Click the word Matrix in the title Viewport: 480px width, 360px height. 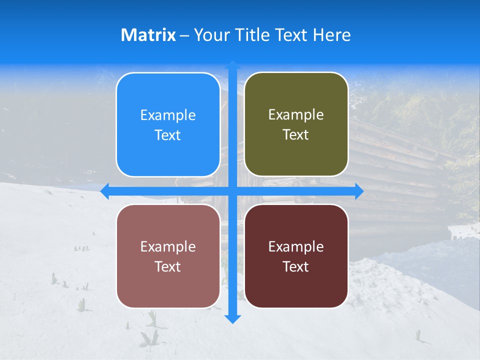[x=148, y=35]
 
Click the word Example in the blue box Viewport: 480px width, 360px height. [x=168, y=115]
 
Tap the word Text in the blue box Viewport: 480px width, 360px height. [x=168, y=135]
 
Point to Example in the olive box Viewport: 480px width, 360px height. [x=296, y=115]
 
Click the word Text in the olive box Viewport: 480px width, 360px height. [x=296, y=135]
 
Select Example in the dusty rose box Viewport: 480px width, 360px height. [x=168, y=247]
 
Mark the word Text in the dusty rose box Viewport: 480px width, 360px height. [x=168, y=267]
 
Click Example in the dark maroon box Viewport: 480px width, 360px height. [x=296, y=247]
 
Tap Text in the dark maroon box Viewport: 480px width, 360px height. [x=296, y=267]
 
